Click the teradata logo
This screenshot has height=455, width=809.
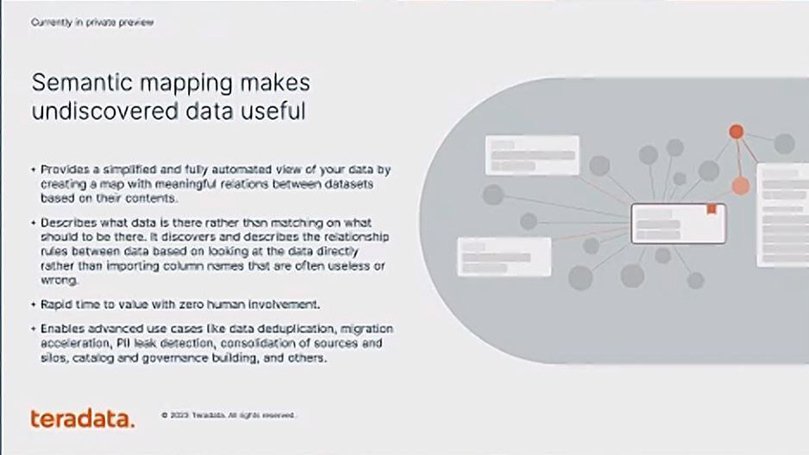[x=83, y=419]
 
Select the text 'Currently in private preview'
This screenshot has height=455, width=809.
[x=92, y=22]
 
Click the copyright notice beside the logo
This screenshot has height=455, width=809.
[x=228, y=415]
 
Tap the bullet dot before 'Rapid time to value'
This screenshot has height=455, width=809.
[x=34, y=305]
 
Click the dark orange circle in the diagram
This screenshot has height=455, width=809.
[x=737, y=131]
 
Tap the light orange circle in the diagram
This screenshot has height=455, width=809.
[x=740, y=186]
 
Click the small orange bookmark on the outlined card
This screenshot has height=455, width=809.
[x=712, y=209]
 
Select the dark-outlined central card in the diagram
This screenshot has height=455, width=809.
[x=679, y=224]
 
